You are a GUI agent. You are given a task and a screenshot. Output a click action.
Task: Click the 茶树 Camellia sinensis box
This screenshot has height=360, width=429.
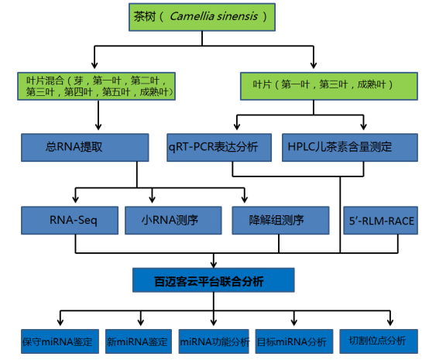coord(202,17)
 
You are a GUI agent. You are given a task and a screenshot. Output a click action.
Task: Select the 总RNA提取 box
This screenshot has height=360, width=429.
coord(85,147)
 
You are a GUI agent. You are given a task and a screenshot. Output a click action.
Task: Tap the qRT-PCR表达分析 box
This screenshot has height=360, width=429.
coord(219,147)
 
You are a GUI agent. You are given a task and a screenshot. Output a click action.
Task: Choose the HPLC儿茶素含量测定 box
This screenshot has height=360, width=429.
coord(350,147)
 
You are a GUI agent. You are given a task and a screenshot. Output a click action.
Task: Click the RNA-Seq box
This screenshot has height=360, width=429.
coord(70,221)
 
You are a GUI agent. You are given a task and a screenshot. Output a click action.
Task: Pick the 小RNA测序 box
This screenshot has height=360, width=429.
coord(173,221)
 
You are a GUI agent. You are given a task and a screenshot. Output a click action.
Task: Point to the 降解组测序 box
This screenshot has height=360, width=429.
coord(280,221)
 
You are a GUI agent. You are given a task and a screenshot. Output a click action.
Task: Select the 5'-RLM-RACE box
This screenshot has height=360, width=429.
coord(380,221)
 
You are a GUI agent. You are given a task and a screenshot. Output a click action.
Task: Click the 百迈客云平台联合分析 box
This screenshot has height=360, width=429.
coord(214,280)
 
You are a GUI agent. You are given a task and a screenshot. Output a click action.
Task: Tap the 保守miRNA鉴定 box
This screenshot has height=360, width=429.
coord(60,341)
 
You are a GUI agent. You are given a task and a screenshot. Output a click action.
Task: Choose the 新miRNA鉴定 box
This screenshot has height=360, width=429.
coord(139,341)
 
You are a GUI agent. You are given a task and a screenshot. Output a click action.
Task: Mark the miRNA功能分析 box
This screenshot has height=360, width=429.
coord(214,341)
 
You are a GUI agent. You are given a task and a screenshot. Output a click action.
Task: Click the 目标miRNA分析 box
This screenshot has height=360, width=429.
coord(294,341)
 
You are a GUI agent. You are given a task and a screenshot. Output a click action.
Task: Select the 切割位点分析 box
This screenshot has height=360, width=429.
coord(379,341)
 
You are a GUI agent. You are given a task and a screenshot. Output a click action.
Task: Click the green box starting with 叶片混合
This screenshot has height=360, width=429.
coord(96,86)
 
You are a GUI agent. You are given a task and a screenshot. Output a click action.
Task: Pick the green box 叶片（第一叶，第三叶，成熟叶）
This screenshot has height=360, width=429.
coord(329,86)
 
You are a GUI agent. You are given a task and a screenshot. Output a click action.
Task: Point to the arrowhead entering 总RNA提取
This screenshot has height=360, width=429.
coord(98,127)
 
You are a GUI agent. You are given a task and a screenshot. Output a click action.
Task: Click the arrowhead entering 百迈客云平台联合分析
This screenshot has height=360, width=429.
coord(214,264)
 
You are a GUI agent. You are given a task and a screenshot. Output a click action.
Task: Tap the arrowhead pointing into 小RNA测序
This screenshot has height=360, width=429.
coord(152,199)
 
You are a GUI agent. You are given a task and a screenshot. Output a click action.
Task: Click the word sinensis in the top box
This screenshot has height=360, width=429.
coord(238,16)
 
